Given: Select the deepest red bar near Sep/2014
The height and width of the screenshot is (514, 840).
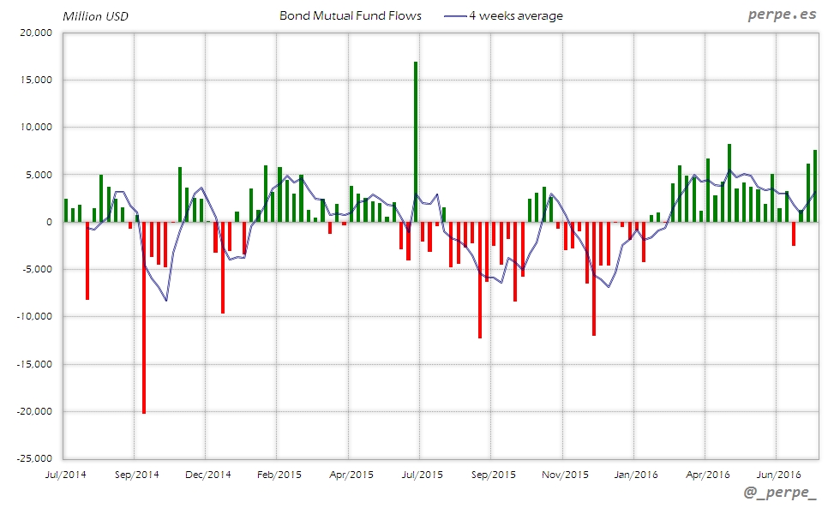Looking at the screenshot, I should click(144, 317).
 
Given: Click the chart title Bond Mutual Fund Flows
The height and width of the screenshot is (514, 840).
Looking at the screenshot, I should click(351, 15).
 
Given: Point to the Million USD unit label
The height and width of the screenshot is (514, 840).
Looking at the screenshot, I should click(95, 15).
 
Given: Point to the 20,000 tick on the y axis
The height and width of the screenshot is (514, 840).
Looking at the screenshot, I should click(36, 33).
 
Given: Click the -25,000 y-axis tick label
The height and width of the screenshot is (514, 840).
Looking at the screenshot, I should click(33, 458).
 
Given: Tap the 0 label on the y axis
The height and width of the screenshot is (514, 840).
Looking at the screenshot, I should click(49, 222).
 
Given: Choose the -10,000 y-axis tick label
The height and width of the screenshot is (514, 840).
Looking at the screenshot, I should click(33, 316).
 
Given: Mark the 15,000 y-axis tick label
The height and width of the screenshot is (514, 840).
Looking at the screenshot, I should click(36, 80).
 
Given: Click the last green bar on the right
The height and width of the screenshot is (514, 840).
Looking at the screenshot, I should click(815, 186).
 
